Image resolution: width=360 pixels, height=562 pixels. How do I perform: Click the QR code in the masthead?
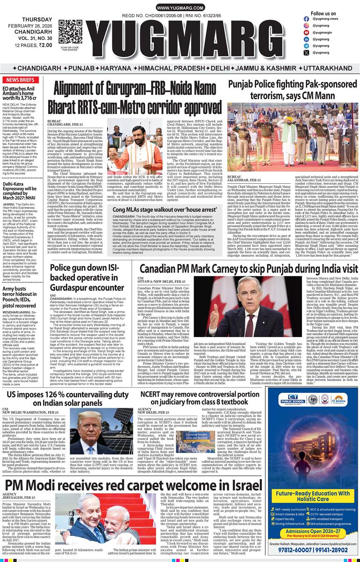[x=70, y=31]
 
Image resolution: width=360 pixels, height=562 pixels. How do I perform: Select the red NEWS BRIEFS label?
[x=20, y=80]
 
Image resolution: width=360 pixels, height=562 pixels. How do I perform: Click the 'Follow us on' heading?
[x=323, y=14]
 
